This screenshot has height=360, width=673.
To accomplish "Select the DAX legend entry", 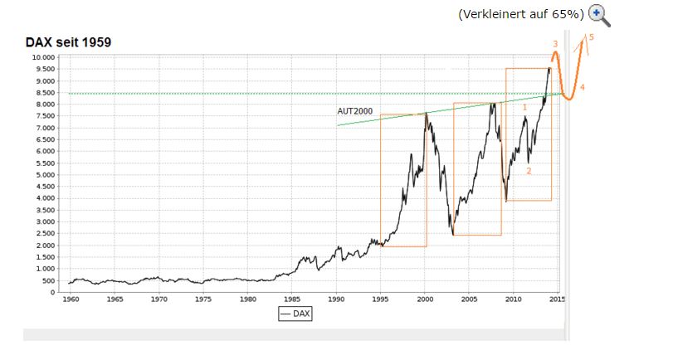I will coord(295,314).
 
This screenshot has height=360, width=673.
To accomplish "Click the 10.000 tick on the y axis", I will coord(43,57).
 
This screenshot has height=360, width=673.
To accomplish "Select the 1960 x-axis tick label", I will coord(71,299).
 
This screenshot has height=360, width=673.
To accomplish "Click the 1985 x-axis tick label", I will coord(292,299).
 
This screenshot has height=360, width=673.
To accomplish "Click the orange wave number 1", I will coord(525,107).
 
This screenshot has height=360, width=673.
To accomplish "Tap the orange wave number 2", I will coord(529,171).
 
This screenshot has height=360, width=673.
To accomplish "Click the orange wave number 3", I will coord(554,43).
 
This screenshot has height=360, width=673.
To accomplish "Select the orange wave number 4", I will coord(583,87).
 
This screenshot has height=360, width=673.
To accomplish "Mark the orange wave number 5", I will coord(591,37).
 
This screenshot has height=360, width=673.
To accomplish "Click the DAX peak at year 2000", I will coord(426,114).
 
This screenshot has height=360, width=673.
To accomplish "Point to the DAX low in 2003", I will coord(453,234).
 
